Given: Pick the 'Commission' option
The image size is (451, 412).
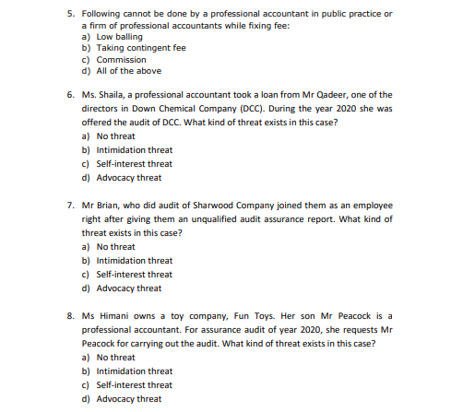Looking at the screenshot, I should click(x=121, y=59).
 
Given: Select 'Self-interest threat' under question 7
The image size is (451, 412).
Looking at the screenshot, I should click(x=134, y=275).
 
